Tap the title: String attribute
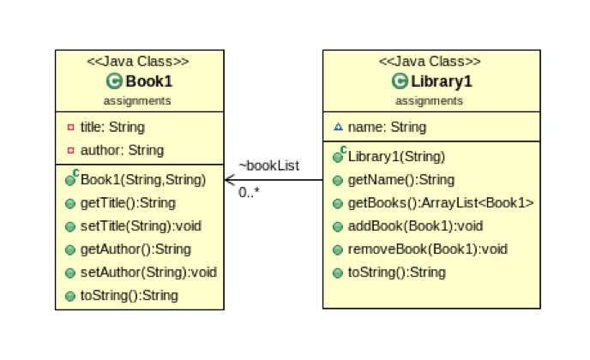(111, 127)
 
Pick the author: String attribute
(121, 150)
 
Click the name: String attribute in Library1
(387, 127)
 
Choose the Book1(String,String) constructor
(142, 180)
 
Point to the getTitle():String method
(128, 203)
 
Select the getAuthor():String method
(135, 249)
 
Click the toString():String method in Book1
(129, 296)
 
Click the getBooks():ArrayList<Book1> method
(440, 203)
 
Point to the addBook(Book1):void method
(415, 226)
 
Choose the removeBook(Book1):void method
(427, 249)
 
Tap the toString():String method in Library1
(396, 273)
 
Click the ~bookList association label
(268, 165)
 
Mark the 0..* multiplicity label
(249, 193)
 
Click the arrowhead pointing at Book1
(229, 180)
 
